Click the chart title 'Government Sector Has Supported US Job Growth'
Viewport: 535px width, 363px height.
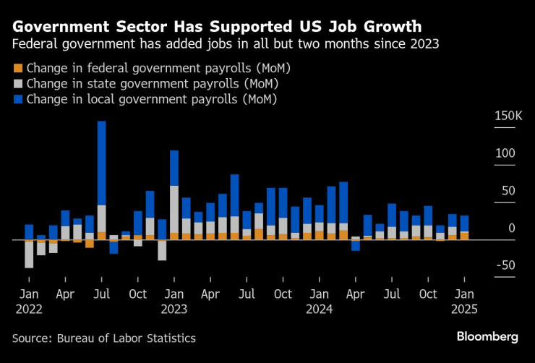coord(217,27)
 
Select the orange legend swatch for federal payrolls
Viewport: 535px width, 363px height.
coord(18,69)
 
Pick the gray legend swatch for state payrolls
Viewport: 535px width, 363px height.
coord(18,84)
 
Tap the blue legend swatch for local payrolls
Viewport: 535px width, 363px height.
coord(18,99)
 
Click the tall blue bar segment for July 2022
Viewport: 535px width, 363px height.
coord(102,163)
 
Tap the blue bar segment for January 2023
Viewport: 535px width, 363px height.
coord(174,168)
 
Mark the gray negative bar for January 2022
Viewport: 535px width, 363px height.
coord(29,254)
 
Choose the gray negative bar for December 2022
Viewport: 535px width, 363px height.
coord(162,250)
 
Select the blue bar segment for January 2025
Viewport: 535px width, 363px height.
coord(464,223)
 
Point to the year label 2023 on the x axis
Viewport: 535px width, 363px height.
coord(174,309)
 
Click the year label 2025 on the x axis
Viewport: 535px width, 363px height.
coord(464,309)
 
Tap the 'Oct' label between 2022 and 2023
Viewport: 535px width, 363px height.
coord(138,294)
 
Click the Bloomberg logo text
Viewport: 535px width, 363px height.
coord(487,337)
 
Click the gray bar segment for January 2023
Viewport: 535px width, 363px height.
coord(174,209)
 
